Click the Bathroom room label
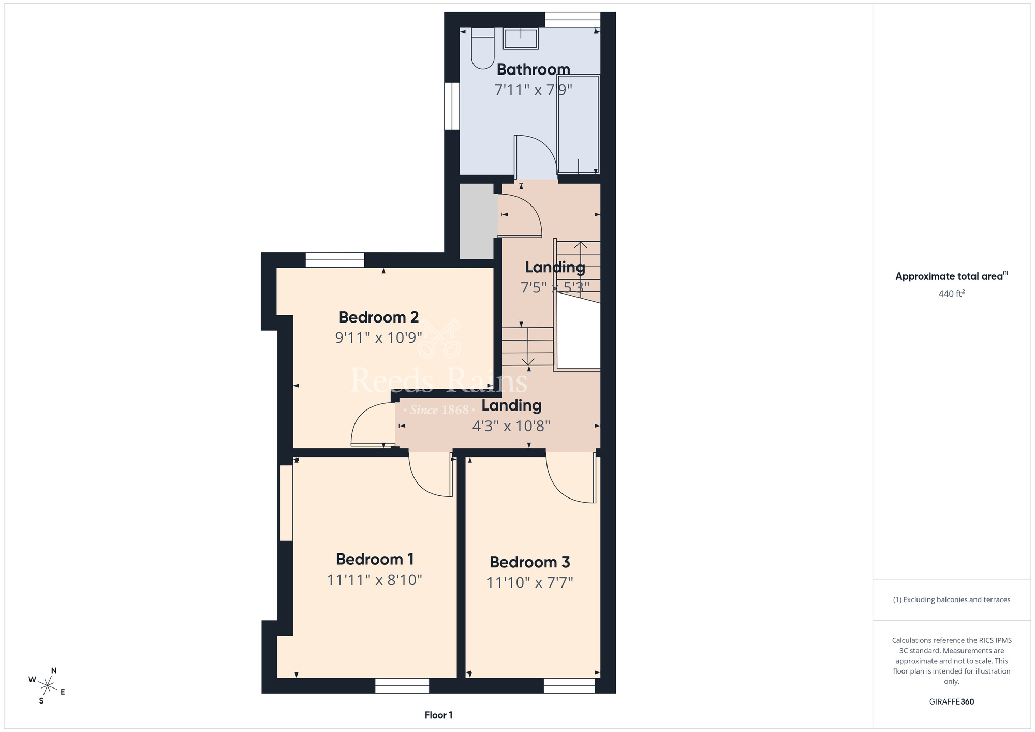pos(533,69)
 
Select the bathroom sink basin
pos(521,38)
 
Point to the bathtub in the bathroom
pos(578,124)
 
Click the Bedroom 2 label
pos(379,317)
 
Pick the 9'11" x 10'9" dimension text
pos(379,338)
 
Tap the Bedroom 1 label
pos(375,559)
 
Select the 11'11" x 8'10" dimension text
pos(375,580)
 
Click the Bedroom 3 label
pos(530,562)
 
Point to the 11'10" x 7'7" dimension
pos(530,583)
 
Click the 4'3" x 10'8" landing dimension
pos(511,426)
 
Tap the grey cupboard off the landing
pos(477,221)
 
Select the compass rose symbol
pos(47,686)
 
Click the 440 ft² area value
pos(952,294)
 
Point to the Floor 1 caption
pos(438,715)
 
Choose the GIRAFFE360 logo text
pos(952,702)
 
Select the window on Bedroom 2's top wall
pos(335,260)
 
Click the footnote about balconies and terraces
pos(952,599)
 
